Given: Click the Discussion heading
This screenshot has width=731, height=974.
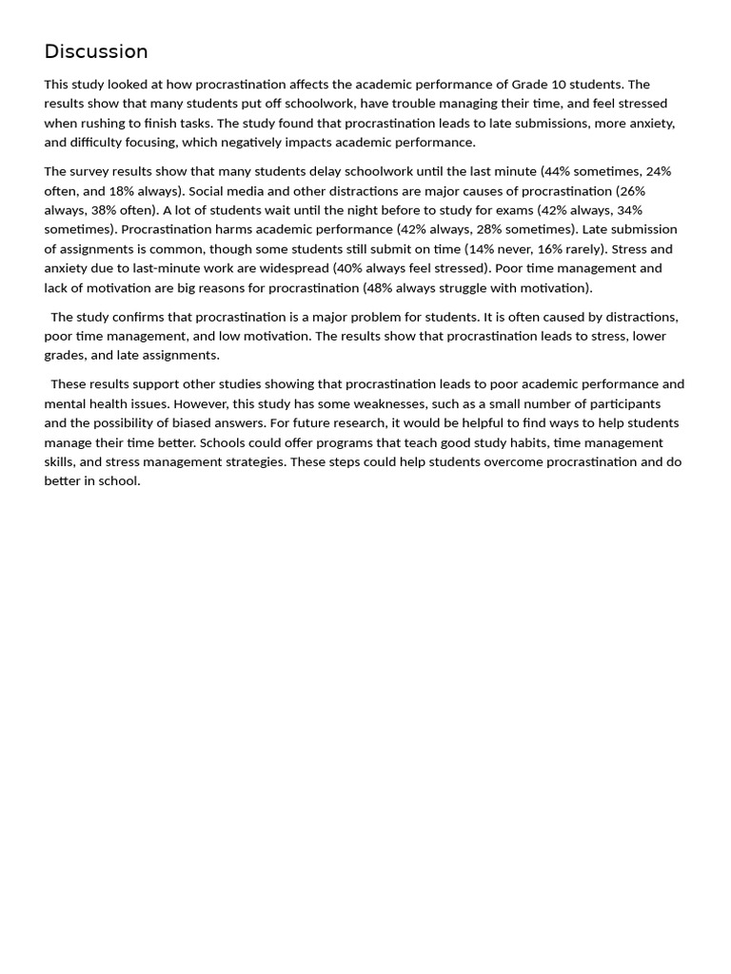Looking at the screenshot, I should (x=96, y=52).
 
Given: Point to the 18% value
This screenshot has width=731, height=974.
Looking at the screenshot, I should (x=123, y=191).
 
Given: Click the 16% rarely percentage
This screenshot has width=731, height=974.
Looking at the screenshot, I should (x=551, y=249).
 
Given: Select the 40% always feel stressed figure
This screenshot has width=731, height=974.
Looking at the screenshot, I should (x=346, y=268).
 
